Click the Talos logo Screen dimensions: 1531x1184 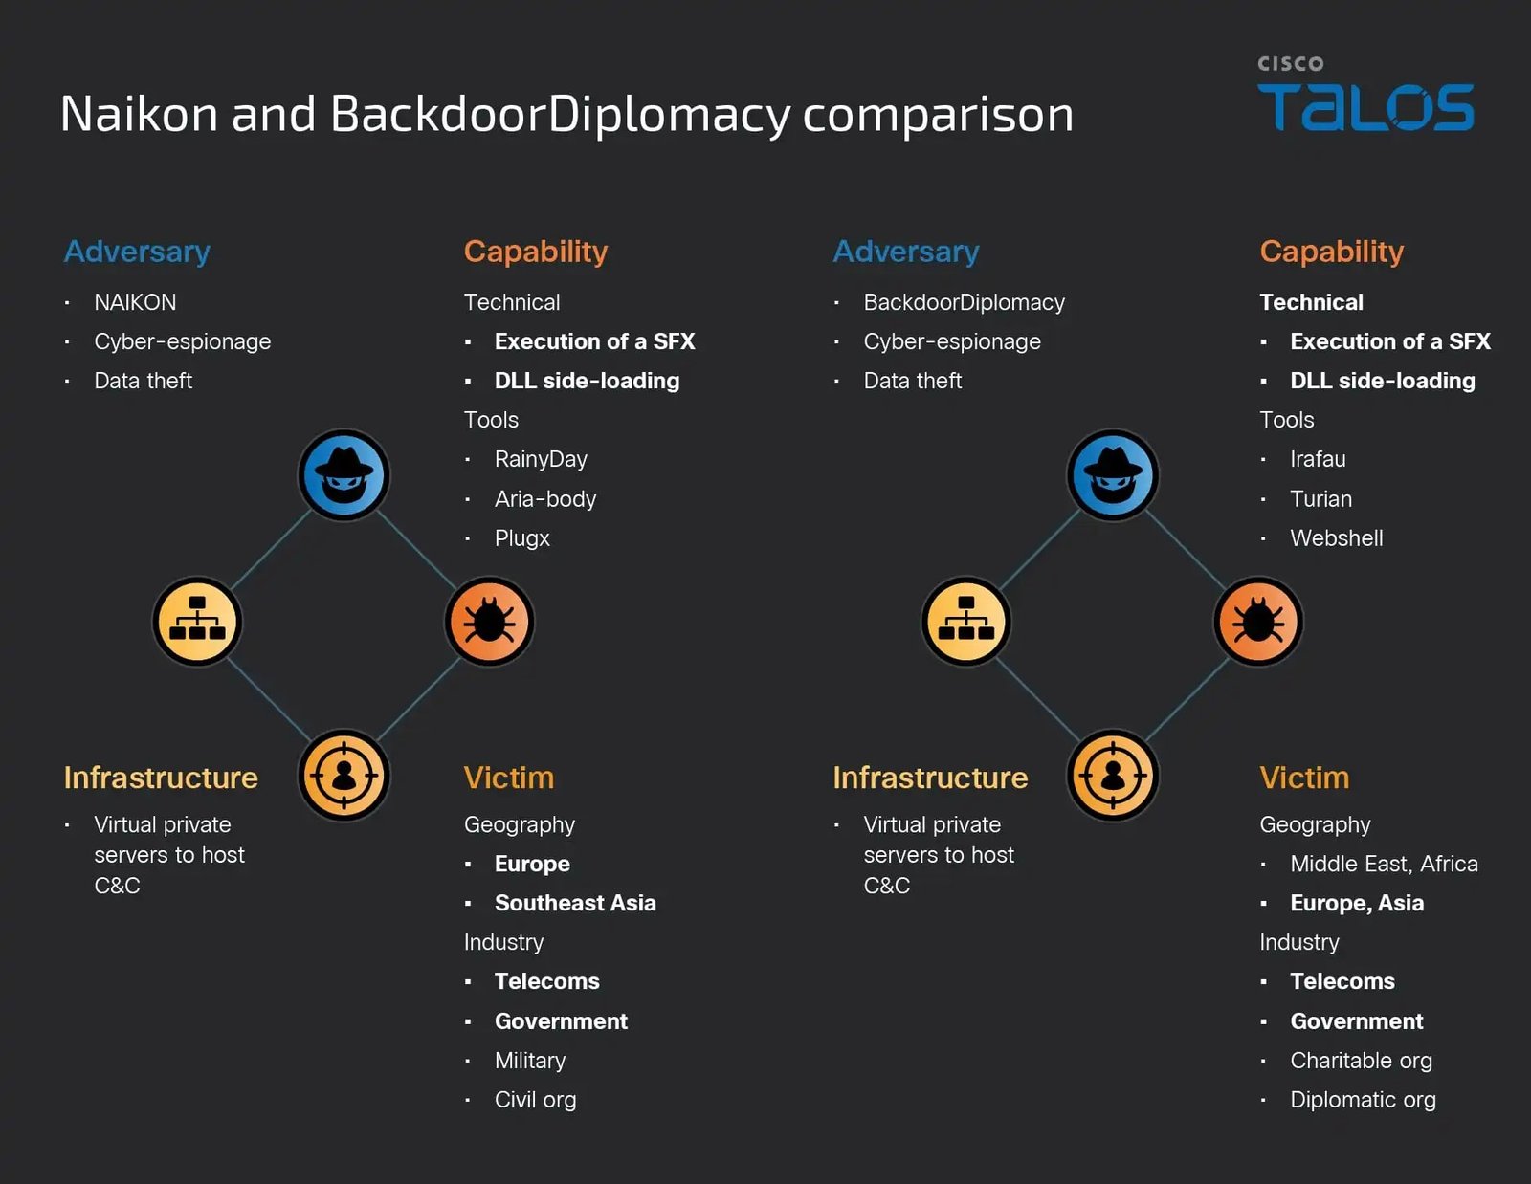click(1365, 95)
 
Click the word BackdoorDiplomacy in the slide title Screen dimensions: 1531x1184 click(560, 114)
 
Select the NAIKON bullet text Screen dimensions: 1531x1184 click(135, 302)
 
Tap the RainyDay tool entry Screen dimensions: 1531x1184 click(541, 460)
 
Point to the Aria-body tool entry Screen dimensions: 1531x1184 click(545, 499)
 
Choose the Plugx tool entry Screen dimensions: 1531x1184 click(522, 538)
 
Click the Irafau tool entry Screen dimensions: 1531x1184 click(1318, 460)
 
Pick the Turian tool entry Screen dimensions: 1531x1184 click(1321, 499)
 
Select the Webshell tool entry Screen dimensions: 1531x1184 click(1337, 538)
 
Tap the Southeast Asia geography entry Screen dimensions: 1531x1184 click(575, 903)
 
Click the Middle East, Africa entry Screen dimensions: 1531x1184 click(1384, 864)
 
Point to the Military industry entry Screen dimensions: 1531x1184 click(530, 1061)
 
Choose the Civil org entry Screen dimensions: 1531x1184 click(536, 1100)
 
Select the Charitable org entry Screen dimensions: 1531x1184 click(1362, 1061)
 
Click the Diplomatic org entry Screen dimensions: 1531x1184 click(1363, 1100)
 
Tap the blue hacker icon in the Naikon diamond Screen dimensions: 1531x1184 click(344, 475)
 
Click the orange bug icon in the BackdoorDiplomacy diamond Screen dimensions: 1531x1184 click(1258, 622)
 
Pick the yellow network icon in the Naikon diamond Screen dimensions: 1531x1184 click(197, 622)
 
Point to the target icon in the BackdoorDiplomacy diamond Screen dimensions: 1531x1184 click(1113, 776)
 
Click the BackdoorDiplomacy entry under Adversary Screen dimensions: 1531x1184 click(964, 302)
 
